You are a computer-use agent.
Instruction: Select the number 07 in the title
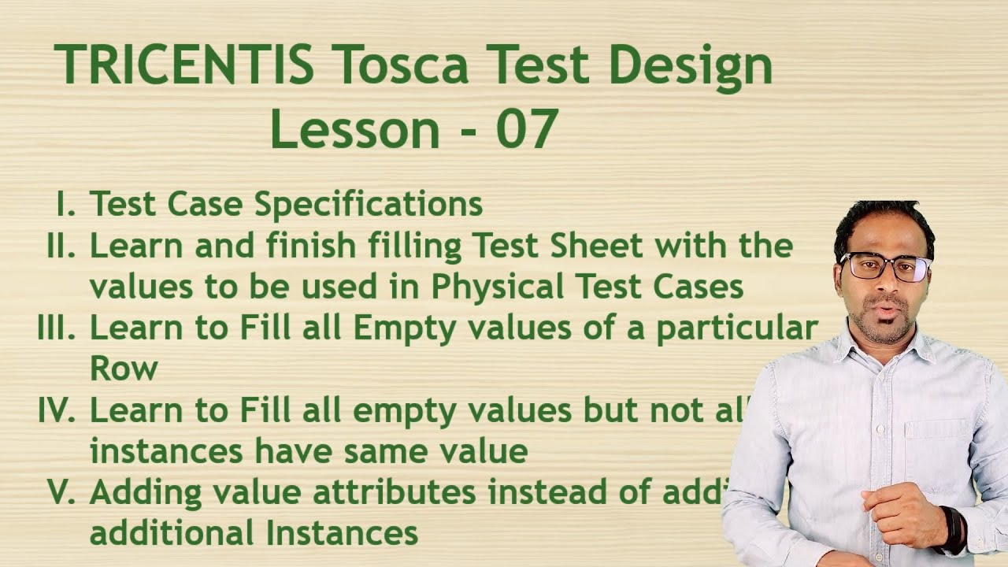tap(527, 130)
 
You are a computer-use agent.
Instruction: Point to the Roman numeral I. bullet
tap(66, 204)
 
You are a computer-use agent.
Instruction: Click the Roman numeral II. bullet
tap(61, 246)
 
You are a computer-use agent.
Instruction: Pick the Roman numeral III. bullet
tap(56, 328)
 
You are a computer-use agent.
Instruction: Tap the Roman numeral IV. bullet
tap(56, 410)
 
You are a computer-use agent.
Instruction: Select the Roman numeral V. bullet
tap(61, 492)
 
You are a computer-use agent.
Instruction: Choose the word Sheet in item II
tap(596, 246)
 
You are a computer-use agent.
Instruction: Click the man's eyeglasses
tap(886, 267)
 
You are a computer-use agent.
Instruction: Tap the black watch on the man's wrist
tap(954, 528)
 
